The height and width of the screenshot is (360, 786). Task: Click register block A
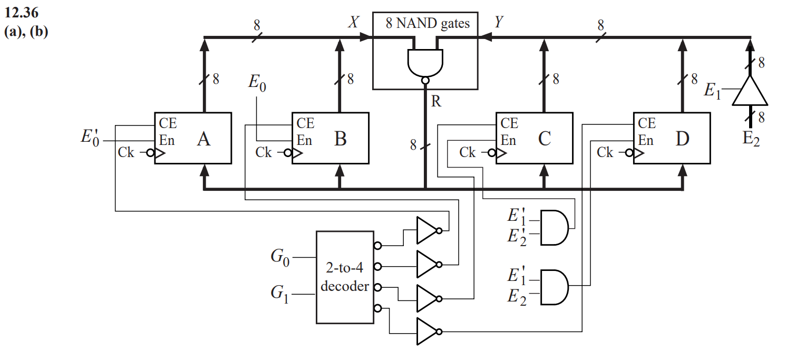click(x=192, y=139)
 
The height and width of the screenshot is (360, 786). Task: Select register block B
click(x=330, y=139)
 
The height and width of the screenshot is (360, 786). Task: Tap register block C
click(x=534, y=139)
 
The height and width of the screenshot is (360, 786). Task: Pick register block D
click(x=671, y=139)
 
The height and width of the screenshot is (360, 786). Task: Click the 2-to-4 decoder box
click(x=345, y=277)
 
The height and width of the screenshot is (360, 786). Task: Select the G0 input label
click(x=280, y=258)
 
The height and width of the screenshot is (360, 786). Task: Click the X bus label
click(x=354, y=22)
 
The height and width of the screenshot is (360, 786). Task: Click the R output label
click(x=435, y=101)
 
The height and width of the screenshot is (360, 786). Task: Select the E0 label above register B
click(x=257, y=83)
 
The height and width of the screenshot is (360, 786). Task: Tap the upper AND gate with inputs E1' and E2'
click(x=554, y=228)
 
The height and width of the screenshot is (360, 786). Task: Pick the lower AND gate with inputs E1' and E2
click(x=554, y=287)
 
